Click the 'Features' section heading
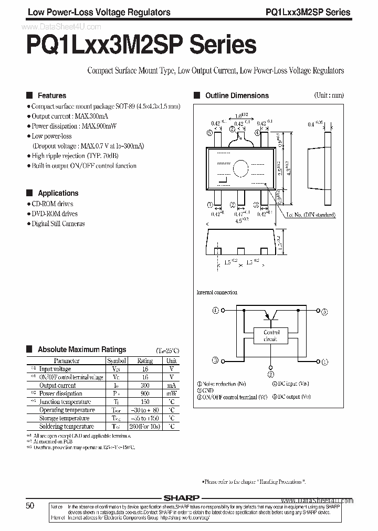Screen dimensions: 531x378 [51, 95]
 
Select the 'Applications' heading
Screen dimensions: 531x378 [58, 193]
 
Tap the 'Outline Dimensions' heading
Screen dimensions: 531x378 [237, 95]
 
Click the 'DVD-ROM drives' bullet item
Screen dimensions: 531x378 [54, 214]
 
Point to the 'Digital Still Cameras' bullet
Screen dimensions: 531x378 [58, 224]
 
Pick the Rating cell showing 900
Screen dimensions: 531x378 [145, 394]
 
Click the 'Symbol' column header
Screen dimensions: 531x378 [117, 361]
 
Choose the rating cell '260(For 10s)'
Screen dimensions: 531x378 [145, 427]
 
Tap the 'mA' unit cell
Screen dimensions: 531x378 [172, 385]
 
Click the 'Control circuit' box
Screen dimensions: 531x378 [271, 336]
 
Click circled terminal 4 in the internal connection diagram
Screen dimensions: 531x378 [215, 311]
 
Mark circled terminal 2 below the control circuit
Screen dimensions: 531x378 [271, 375]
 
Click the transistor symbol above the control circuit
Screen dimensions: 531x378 [271, 314]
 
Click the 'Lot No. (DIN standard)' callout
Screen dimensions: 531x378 [311, 215]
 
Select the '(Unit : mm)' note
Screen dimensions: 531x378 [329, 95]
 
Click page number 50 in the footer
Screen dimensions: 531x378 [30, 505]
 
